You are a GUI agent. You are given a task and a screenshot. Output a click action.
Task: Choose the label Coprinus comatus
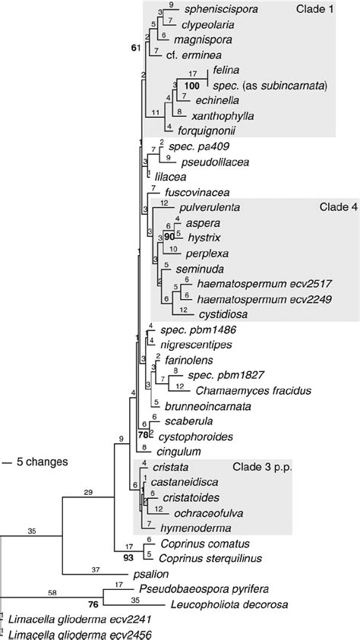pyautogui.click(x=199, y=543)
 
